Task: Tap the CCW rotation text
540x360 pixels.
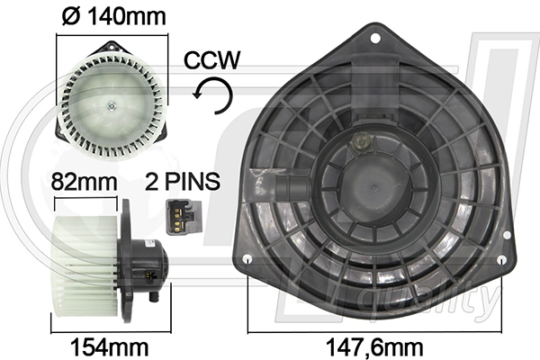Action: coord(211,60)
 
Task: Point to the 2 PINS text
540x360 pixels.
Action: coord(183,180)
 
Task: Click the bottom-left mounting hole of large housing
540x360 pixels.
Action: coord(247,260)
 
